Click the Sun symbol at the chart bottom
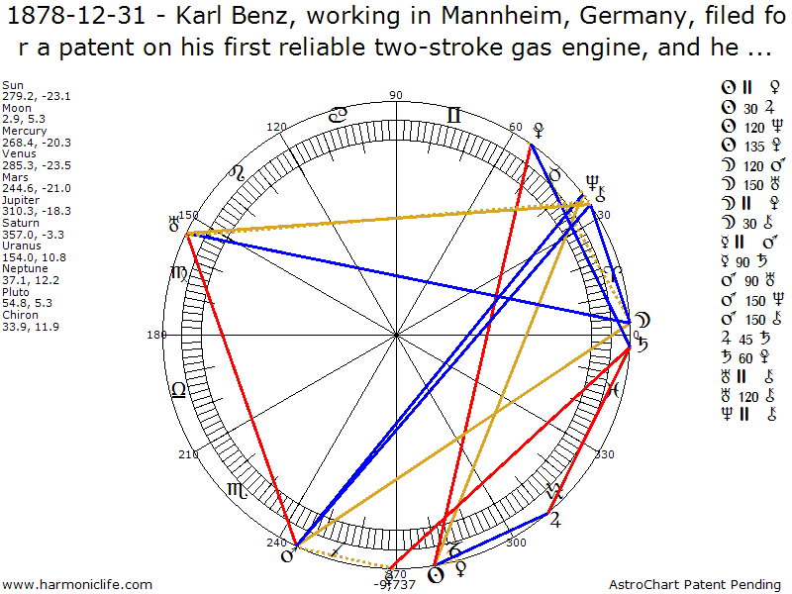pos(434,573)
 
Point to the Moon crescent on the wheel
pos(642,320)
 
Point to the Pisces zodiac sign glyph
pos(614,389)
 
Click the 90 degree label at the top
pos(396,95)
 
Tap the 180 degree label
pos(155,335)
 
